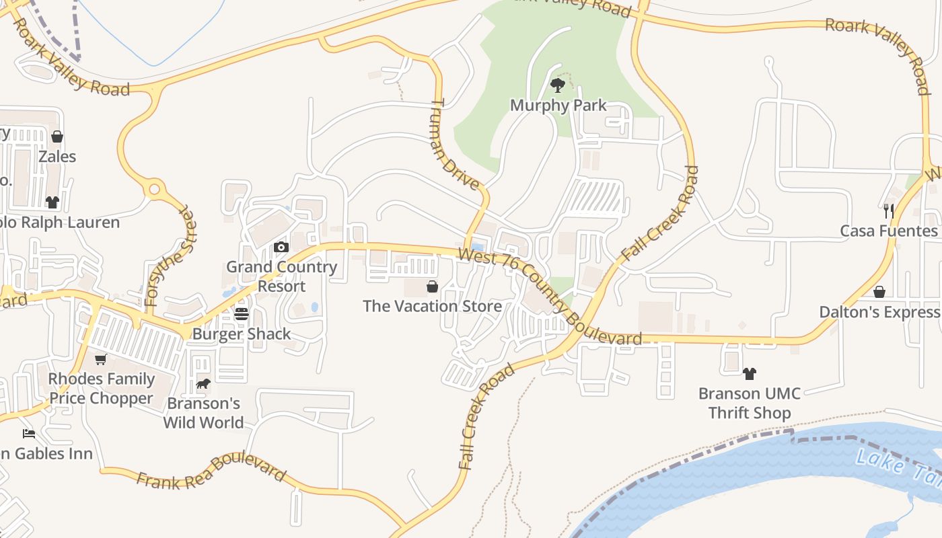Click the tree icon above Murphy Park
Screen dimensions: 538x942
point(557,85)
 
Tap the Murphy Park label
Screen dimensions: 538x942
point(558,106)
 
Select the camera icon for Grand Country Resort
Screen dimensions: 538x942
point(281,247)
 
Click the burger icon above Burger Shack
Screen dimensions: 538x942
point(242,314)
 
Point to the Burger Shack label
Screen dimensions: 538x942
point(242,334)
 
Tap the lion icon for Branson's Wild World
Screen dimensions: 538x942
point(203,384)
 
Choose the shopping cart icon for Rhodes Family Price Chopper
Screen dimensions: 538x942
point(101,360)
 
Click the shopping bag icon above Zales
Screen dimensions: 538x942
point(57,137)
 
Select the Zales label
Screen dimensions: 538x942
point(57,157)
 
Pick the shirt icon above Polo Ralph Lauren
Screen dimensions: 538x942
point(52,202)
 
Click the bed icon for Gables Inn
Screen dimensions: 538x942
point(28,434)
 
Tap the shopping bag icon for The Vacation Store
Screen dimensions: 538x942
point(432,287)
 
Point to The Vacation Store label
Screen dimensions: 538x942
point(432,307)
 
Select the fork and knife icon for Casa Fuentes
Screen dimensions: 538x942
point(888,210)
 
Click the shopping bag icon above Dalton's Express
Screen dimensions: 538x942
point(879,292)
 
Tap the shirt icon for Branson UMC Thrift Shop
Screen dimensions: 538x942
point(749,373)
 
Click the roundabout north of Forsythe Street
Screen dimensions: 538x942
point(155,189)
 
